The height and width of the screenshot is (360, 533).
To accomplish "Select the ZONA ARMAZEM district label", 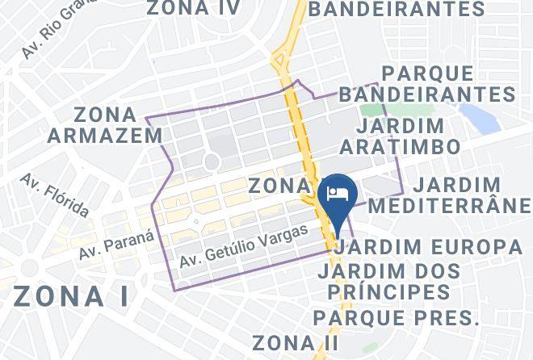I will click(x=105, y=124).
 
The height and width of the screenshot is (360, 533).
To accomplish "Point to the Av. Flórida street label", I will click(x=55, y=195).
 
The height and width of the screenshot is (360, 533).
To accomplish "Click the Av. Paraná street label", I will click(x=116, y=245).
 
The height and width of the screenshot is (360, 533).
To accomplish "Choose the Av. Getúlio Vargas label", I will click(x=243, y=247).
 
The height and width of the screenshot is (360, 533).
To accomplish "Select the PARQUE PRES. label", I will click(x=397, y=317).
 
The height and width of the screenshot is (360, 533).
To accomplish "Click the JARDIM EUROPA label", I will click(x=429, y=246).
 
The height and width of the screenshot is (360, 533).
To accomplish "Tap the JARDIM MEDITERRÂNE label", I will click(x=449, y=195).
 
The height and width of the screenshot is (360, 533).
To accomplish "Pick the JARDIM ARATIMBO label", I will click(x=401, y=136).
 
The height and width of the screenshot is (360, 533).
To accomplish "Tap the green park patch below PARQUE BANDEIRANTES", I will click(x=372, y=110).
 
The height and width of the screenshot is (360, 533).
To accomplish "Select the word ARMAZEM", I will click(x=105, y=135).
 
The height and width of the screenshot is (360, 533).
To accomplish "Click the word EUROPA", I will click(x=476, y=246).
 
